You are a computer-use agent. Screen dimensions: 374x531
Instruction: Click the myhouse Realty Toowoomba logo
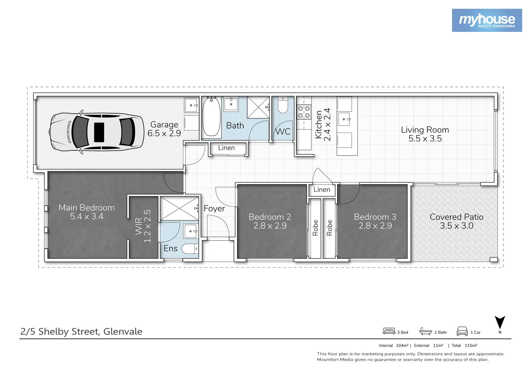pyautogui.click(x=487, y=20)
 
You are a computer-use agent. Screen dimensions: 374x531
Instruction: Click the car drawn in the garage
pyautogui.click(x=97, y=132)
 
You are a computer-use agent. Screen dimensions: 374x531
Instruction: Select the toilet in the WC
pyautogui.click(x=283, y=106)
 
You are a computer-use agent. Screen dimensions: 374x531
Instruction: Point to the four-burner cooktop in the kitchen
pyautogui.click(x=304, y=112)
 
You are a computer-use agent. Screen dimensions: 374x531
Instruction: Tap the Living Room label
pyautogui.click(x=425, y=130)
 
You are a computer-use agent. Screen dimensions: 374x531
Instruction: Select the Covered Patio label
pyautogui.click(x=456, y=217)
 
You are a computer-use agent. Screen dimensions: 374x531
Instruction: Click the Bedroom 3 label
pyautogui.click(x=375, y=217)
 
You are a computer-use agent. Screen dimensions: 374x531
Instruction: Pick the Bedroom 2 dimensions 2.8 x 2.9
pyautogui.click(x=270, y=226)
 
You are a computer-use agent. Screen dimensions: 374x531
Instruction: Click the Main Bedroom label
pyautogui.click(x=86, y=208)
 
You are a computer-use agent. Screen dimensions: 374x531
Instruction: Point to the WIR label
pyautogui.click(x=139, y=226)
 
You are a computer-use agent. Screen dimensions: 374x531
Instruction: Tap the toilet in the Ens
pyautogui.click(x=190, y=249)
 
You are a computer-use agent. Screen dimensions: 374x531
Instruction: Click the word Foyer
pyautogui.click(x=214, y=208)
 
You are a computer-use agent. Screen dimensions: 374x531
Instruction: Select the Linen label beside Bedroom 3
pyautogui.click(x=322, y=190)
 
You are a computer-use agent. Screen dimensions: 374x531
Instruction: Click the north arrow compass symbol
pyautogui.click(x=499, y=323)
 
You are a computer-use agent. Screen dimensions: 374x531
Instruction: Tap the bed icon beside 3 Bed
pyautogui.click(x=389, y=331)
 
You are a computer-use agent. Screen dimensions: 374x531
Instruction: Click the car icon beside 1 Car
pyautogui.click(x=462, y=331)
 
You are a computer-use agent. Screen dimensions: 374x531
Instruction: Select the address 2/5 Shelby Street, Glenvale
pyautogui.click(x=81, y=331)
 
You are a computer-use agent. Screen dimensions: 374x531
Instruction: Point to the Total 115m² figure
pyautogui.click(x=464, y=346)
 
